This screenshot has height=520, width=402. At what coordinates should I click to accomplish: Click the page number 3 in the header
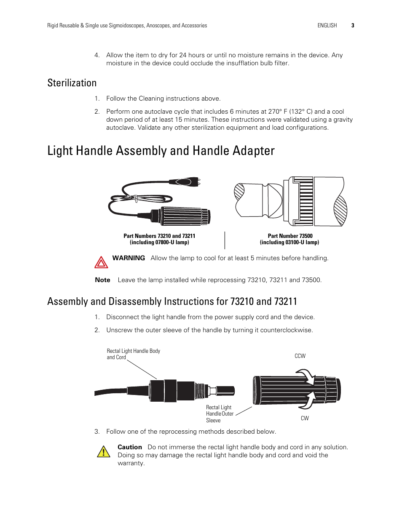coord(353,25)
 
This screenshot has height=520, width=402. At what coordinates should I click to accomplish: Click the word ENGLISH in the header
coord(327,25)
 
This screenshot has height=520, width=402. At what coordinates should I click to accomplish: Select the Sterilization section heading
coord(72,83)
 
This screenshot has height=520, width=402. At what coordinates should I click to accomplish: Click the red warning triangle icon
coord(101,262)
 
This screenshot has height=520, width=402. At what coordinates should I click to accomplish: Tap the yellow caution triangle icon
coord(103,452)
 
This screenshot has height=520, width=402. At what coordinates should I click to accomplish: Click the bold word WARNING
coord(129,258)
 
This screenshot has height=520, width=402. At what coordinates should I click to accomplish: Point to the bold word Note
coord(102,280)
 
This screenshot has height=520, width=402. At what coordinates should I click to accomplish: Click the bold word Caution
coord(130,447)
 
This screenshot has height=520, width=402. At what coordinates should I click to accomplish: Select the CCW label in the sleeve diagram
coord(300,356)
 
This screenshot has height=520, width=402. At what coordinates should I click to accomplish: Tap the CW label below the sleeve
coord(305,418)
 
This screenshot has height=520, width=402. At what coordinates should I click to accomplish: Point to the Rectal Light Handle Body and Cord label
coord(133,354)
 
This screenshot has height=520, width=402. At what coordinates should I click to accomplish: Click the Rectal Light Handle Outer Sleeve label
coord(220,413)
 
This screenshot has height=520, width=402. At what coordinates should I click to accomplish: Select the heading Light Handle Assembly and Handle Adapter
coord(161,151)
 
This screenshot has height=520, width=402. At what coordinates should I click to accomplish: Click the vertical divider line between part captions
coord(225,240)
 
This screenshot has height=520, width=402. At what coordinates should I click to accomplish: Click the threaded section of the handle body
coord(200,389)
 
